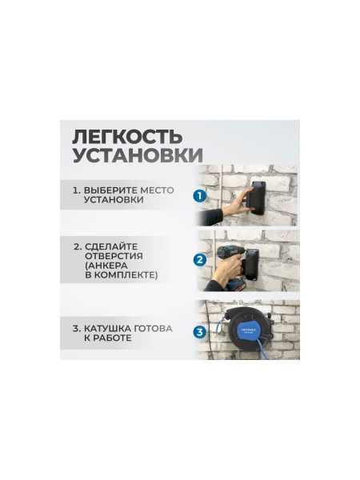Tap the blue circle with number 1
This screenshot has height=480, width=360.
[x=200, y=195]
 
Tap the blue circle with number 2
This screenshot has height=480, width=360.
[x=200, y=259]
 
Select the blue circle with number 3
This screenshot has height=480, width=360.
[x=200, y=330]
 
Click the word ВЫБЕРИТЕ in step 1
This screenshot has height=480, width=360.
[x=111, y=191]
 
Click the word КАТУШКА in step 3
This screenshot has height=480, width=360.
[x=109, y=328]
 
